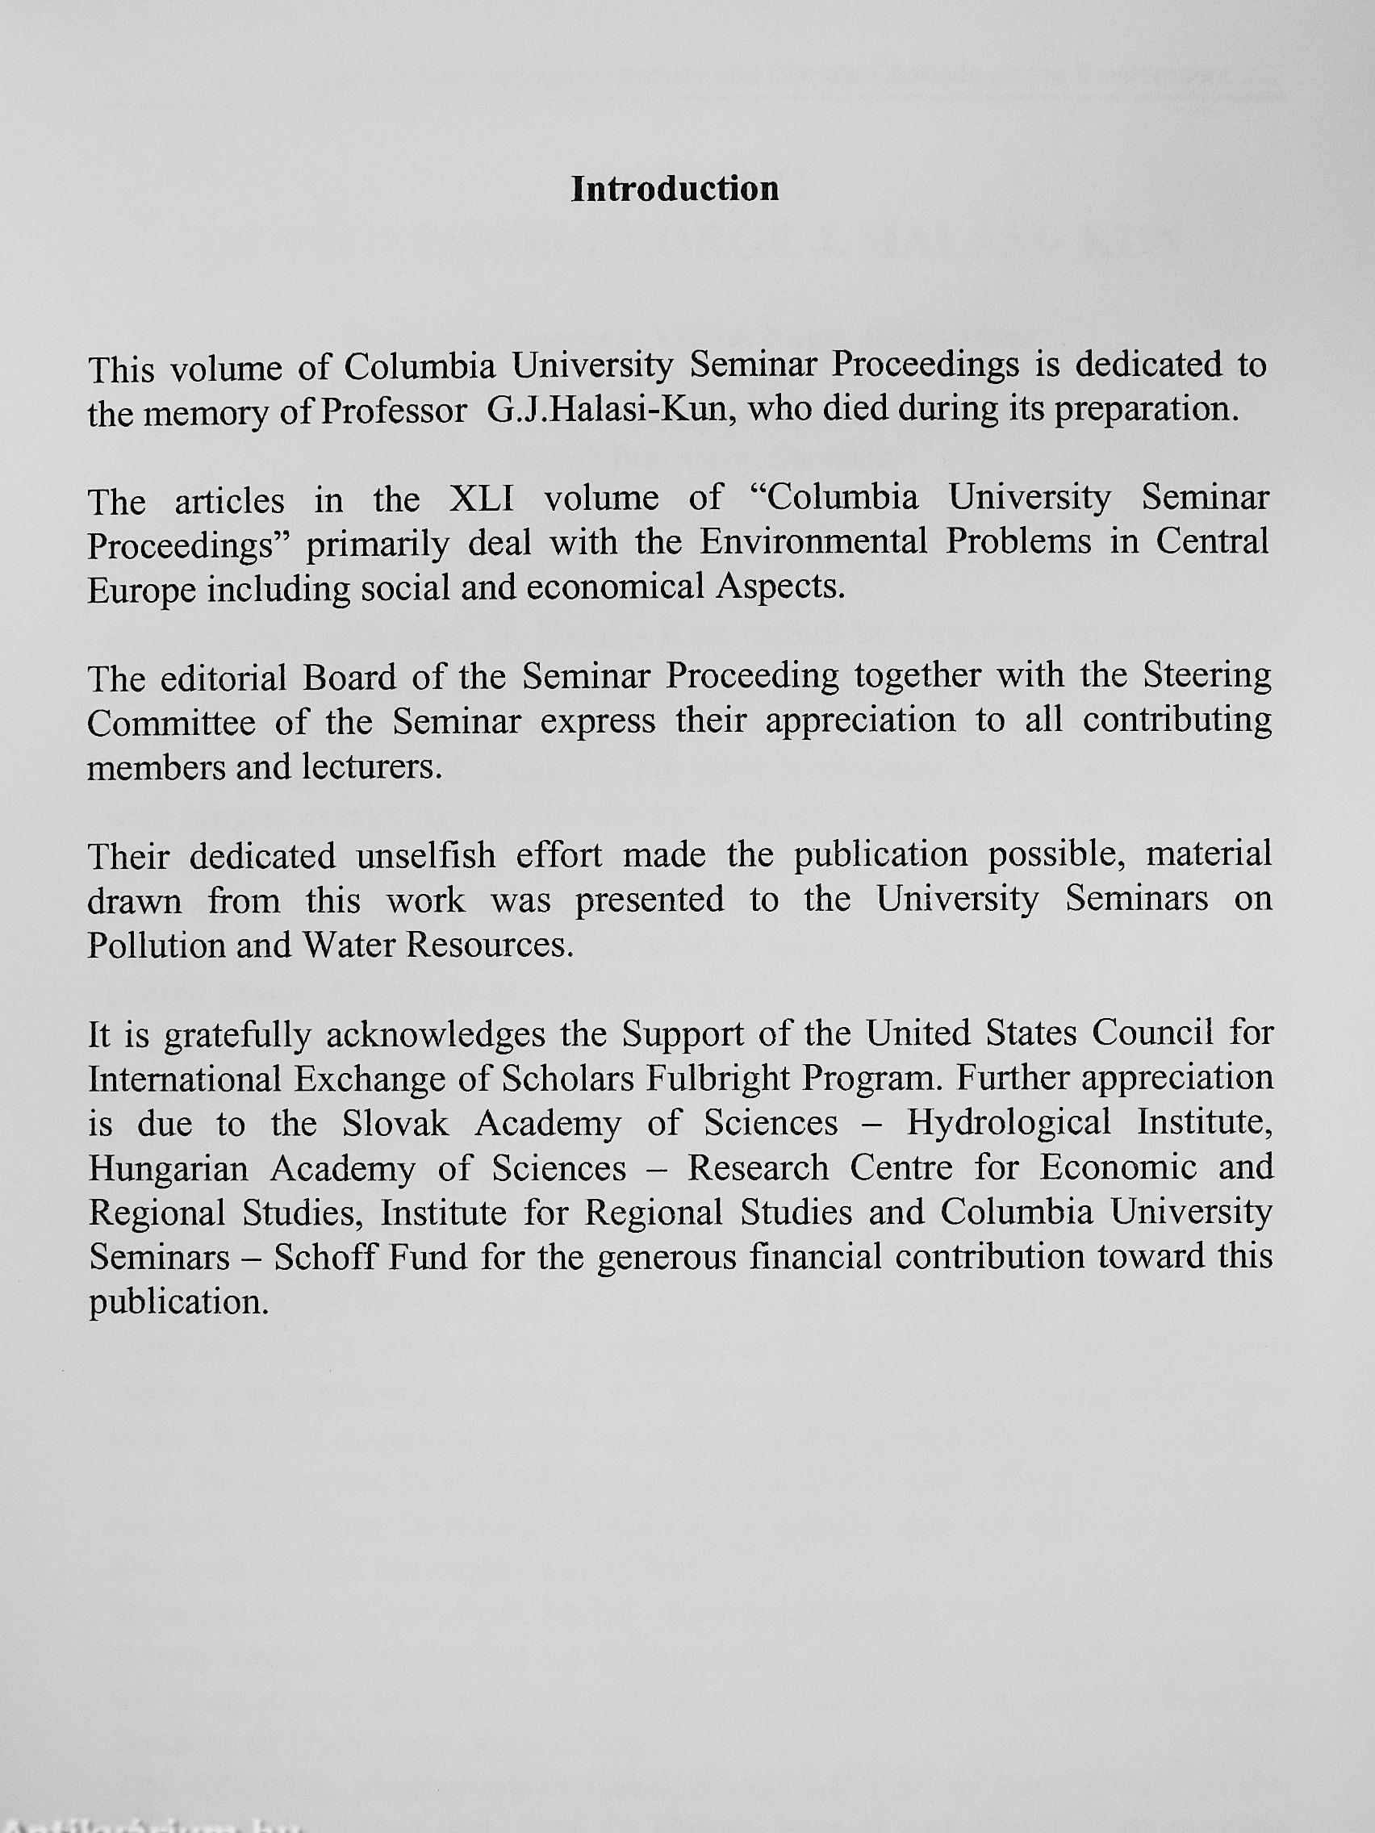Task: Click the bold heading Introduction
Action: (675, 190)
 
